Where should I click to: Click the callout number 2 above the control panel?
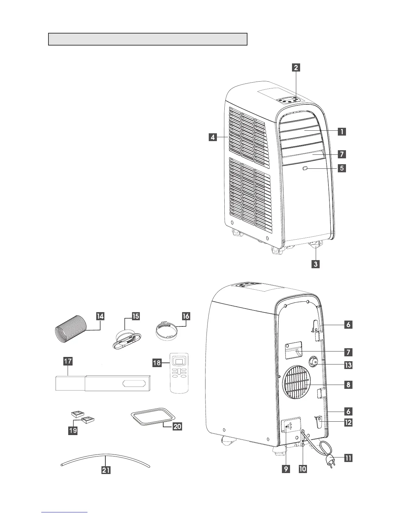(296, 68)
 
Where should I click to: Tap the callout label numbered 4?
(213, 138)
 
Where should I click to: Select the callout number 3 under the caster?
(315, 264)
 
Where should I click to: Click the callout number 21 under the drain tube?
(106, 470)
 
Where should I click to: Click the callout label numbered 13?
(348, 365)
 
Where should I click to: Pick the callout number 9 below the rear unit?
(286, 469)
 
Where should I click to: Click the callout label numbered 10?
(303, 469)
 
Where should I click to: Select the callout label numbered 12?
(348, 422)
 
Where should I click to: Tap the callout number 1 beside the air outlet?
(341, 132)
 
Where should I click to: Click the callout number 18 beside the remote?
(157, 362)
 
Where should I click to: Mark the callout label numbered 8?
(348, 385)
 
